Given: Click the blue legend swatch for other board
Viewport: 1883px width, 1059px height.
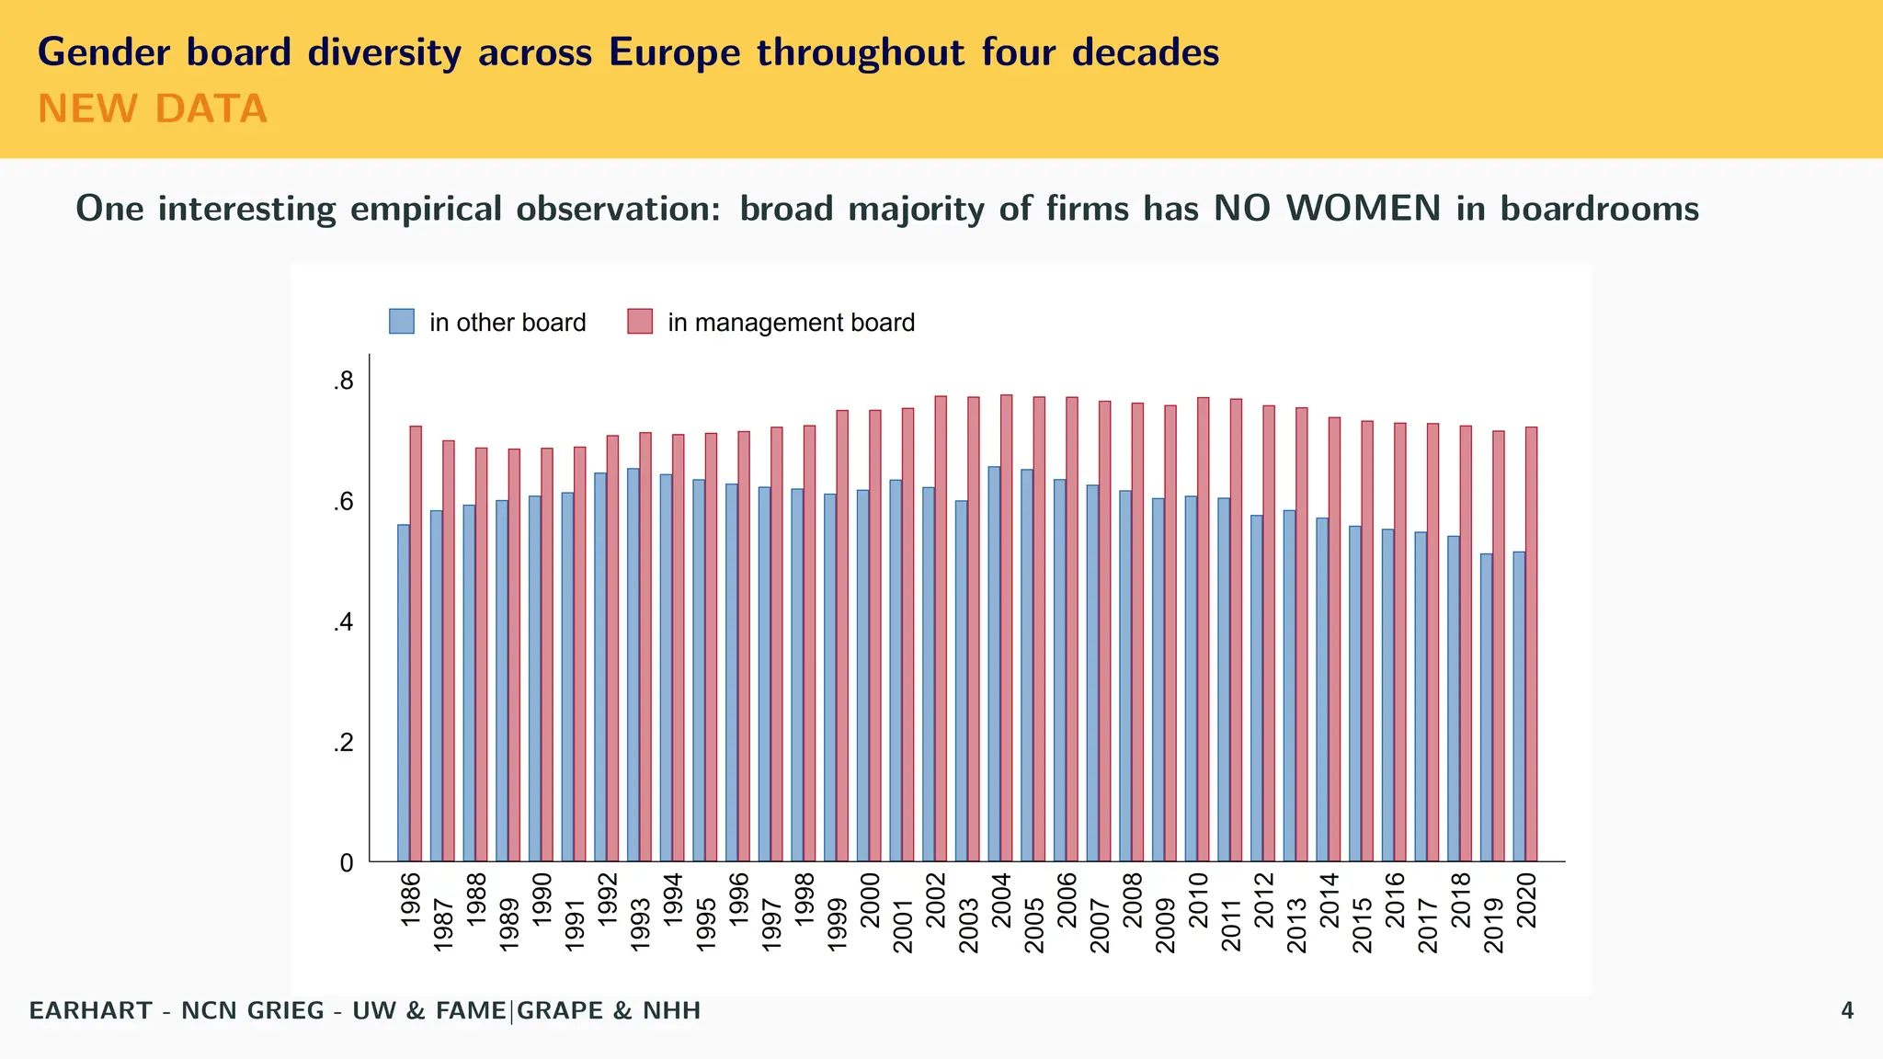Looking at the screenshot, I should click(x=402, y=322).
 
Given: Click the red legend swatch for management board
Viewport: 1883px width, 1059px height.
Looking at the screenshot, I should click(x=640, y=322).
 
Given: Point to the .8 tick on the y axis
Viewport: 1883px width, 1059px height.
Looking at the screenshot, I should click(x=344, y=381).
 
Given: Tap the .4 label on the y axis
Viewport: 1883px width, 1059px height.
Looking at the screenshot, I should click(x=344, y=623).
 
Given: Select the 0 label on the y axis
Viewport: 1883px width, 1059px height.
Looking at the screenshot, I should click(x=347, y=863).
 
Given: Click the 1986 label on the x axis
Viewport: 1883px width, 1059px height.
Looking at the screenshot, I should click(x=411, y=898).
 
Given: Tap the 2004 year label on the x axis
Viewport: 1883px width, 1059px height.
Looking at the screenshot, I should click(x=1001, y=900).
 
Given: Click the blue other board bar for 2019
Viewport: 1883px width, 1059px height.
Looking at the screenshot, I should click(x=1486, y=707).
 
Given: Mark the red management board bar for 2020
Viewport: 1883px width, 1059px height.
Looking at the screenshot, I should click(x=1532, y=643).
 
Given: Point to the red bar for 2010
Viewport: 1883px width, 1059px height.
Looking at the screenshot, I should click(x=1204, y=629).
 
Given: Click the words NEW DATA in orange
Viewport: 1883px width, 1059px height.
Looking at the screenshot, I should click(x=153, y=109).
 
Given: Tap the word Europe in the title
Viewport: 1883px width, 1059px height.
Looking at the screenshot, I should click(x=674, y=52).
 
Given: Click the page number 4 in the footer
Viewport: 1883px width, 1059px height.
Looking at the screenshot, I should click(x=1847, y=1011).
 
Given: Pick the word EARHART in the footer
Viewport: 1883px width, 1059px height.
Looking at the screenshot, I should click(x=90, y=1011).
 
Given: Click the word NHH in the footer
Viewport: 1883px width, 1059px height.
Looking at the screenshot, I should click(x=671, y=1011).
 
